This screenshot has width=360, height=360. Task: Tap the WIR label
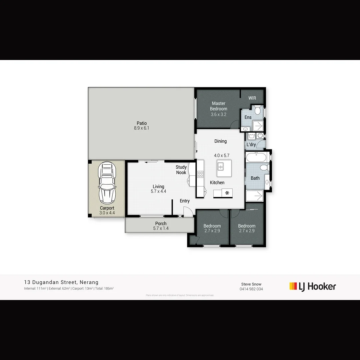[252, 98]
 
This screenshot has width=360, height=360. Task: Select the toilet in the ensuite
[257, 110]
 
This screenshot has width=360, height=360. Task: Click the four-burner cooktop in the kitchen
[200, 174]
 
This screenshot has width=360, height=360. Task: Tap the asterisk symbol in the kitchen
[227, 193]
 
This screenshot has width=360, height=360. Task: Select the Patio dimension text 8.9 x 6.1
[142, 128]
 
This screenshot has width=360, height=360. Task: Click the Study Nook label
[181, 170]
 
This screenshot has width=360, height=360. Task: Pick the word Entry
[185, 201]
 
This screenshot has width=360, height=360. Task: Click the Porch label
[161, 223]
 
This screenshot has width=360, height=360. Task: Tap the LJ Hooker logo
[313, 286]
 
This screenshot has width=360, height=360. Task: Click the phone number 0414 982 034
[251, 289]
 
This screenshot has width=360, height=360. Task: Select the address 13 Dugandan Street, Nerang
[61, 282]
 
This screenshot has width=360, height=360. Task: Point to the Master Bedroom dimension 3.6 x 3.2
[219, 114]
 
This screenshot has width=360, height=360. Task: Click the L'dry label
[251, 145]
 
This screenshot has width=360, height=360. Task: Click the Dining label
[220, 141]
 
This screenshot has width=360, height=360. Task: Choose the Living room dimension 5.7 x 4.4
[159, 191]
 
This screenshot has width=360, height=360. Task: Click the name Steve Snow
[251, 284]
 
